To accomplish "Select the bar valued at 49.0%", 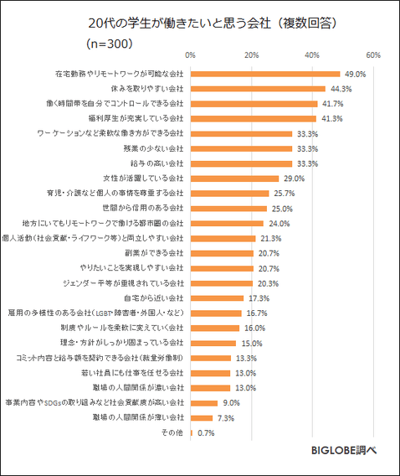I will point(265,74).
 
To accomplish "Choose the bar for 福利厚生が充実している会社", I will point(254,118).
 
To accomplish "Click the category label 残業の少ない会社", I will point(153,148).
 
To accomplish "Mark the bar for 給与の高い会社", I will point(241,163).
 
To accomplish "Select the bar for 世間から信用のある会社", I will point(228,208).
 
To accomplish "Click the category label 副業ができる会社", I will point(154,253).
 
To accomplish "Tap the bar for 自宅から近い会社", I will point(217,297).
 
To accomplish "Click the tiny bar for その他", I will point(192,432).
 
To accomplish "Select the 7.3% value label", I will point(226,417).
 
